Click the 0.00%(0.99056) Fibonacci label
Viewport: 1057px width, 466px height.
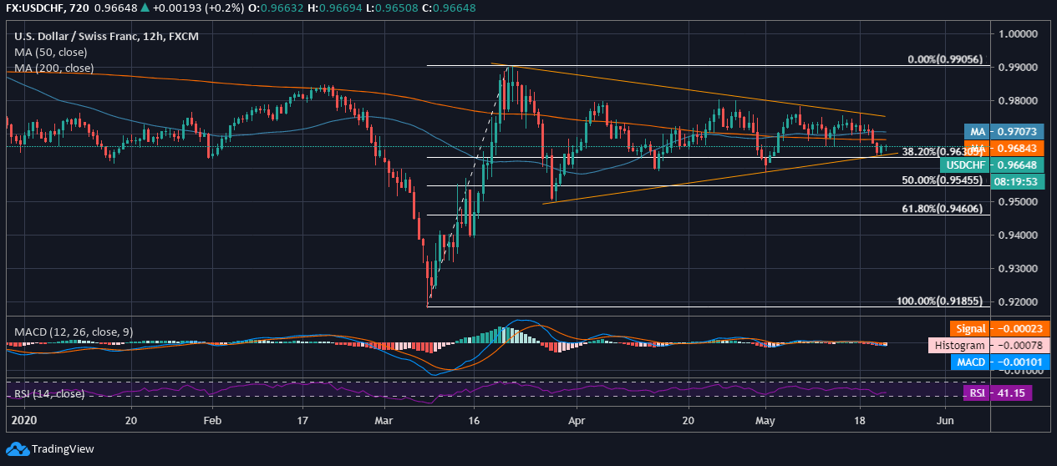coord(945,60)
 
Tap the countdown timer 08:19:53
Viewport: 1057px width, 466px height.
coord(1014,180)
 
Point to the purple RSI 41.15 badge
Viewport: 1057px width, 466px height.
coord(998,393)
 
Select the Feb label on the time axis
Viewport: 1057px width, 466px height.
coord(213,421)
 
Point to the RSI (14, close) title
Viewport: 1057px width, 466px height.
coord(49,393)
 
